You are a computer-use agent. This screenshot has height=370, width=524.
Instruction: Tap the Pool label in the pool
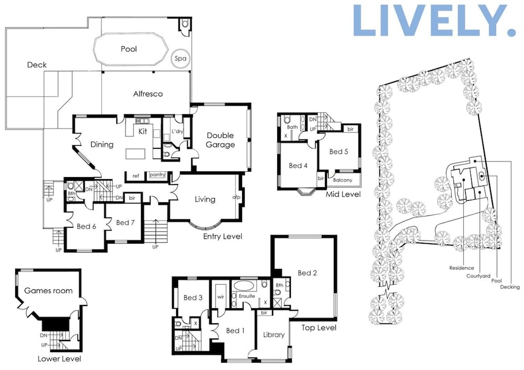(129, 49)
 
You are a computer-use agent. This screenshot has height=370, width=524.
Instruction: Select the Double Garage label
(220, 140)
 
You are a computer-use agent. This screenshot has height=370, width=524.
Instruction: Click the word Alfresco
(148, 94)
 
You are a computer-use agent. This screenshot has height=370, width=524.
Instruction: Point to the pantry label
(157, 175)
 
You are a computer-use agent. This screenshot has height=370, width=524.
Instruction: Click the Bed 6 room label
(86, 226)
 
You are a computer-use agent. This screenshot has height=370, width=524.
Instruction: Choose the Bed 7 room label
(125, 223)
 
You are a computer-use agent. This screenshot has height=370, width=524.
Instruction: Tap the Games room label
(48, 291)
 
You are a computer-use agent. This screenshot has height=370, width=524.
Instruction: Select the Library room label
(274, 335)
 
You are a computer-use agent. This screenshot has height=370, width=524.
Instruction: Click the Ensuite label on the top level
(247, 296)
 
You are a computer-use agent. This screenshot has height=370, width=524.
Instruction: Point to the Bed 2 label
(308, 273)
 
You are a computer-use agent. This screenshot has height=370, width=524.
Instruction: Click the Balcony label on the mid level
(343, 180)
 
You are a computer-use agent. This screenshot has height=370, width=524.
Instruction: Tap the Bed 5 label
(339, 152)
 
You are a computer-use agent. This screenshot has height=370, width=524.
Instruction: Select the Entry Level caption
(223, 237)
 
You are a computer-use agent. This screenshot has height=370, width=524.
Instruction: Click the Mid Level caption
(343, 194)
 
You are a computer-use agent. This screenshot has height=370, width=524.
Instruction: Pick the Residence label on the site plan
(462, 268)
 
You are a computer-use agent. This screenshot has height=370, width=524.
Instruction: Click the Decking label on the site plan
(510, 287)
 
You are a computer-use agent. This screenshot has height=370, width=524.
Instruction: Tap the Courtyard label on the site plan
(478, 276)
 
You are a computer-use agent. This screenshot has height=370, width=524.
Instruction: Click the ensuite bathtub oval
(243, 286)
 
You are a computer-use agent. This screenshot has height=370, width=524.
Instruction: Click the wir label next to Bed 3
(221, 297)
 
